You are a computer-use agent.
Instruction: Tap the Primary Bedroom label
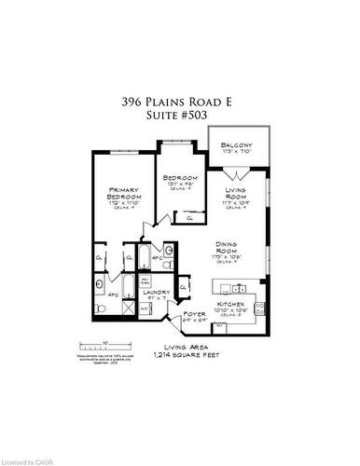point(123,194)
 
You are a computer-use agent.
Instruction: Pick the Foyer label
point(194,314)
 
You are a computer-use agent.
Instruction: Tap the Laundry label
point(156,293)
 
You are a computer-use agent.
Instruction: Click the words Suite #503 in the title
point(179,116)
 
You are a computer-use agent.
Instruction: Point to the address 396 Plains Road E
point(179,100)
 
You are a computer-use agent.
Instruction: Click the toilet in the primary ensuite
point(100,308)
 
